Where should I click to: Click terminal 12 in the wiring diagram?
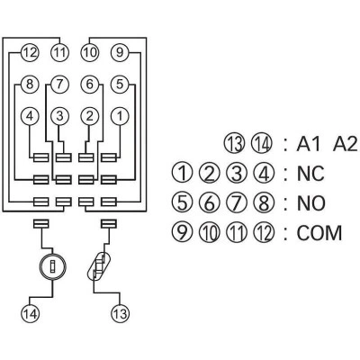[30, 53]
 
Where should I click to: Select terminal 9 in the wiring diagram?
[120, 53]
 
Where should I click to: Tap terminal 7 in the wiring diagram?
[59, 85]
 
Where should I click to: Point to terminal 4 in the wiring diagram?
[30, 116]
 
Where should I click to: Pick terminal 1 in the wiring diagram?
[120, 116]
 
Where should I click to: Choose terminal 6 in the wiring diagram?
[90, 85]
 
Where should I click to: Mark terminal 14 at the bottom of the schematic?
[30, 313]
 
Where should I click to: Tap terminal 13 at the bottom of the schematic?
[120, 313]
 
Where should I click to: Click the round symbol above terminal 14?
[53, 265]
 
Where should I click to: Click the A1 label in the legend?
[308, 144]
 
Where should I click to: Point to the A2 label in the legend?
[346, 144]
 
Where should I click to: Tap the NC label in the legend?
[310, 174]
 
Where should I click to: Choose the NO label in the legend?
[311, 203]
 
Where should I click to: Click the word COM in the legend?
[319, 233]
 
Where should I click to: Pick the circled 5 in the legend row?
[182, 202]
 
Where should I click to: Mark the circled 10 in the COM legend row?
[209, 232]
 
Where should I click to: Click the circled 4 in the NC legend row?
[264, 173]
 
